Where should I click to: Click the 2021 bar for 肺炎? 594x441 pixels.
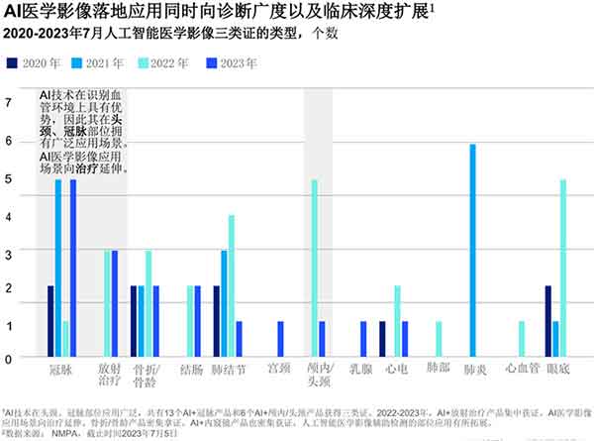click(472, 251)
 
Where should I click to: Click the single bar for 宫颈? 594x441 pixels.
click(280, 339)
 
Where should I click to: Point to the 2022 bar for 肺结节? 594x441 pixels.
click(232, 286)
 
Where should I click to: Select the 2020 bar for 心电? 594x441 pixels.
click(382, 339)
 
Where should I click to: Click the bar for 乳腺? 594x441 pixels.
click(363, 339)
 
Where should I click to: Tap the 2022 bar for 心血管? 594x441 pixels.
click(522, 339)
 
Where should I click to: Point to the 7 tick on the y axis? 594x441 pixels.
click(8, 102)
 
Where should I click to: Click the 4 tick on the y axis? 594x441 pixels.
click(8, 214)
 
